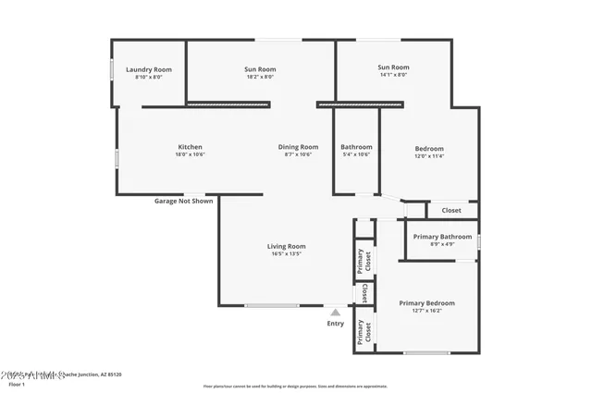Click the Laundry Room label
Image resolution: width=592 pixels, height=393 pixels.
tap(149, 69)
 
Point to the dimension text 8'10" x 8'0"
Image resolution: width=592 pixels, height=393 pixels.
tap(149, 78)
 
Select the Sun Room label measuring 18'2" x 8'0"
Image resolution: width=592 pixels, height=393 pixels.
tap(260, 69)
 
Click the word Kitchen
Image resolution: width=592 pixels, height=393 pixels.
tap(190, 147)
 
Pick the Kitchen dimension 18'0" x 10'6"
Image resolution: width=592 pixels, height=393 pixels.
tap(190, 154)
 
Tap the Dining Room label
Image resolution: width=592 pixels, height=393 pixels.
tap(298, 147)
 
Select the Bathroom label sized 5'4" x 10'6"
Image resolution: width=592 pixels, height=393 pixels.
tap(356, 147)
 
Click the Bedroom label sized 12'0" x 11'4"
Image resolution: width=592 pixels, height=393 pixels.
tap(429, 149)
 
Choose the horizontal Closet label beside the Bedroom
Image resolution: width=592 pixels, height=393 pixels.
tap(451, 211)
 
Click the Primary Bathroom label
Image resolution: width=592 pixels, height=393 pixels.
tap(442, 237)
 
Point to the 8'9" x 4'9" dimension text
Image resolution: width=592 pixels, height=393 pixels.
tap(442, 244)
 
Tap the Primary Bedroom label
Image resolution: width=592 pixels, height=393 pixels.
tap(426, 303)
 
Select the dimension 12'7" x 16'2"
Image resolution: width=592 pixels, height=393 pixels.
tap(426, 311)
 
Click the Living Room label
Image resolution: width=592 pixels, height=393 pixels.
tap(286, 246)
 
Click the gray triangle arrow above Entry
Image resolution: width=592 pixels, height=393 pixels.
tap(335, 313)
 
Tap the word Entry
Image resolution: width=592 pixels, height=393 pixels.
tap(335, 324)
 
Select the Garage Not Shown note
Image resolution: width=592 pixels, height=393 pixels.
tap(183, 201)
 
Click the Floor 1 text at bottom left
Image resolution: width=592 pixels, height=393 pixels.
tap(17, 384)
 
